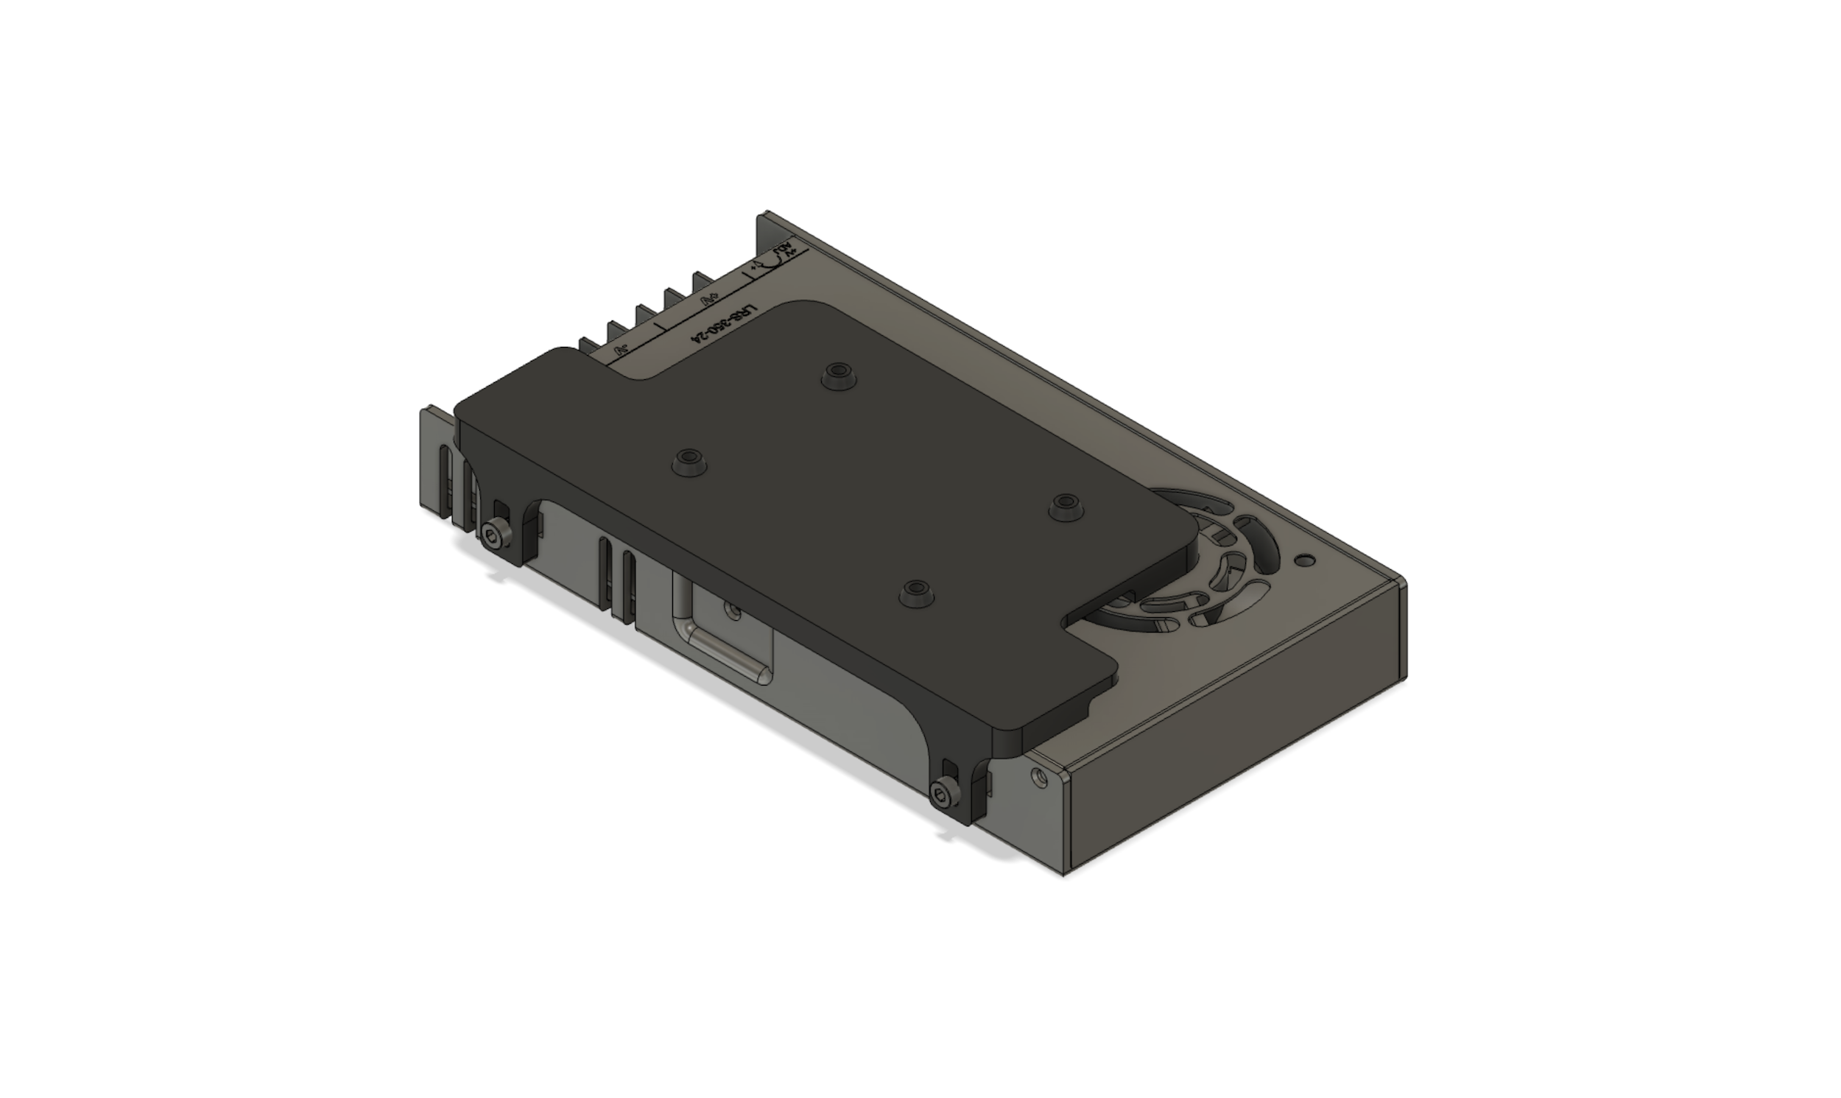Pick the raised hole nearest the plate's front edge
[915, 591]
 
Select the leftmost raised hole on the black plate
[689, 461]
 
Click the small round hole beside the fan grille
[1307, 560]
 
